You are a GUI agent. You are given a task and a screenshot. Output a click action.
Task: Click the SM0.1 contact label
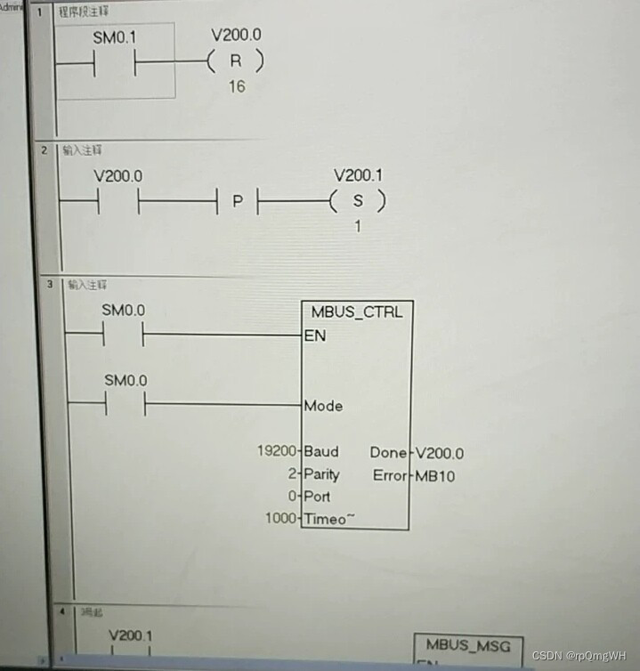115,39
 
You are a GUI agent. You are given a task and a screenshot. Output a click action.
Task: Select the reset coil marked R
234,62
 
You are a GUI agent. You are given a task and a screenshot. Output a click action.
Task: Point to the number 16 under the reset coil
236,86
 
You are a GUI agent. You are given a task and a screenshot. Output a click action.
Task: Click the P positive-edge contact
237,202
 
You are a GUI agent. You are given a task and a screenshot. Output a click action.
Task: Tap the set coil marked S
358,202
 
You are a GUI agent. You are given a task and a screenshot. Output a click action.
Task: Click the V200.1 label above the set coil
357,176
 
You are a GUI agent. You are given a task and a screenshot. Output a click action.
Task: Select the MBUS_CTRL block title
357,312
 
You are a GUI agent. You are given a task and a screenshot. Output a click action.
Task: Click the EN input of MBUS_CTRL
314,335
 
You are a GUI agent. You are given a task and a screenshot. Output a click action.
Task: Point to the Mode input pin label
323,406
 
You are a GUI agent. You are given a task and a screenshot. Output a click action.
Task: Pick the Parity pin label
321,474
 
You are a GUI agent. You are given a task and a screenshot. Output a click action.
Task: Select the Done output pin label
388,453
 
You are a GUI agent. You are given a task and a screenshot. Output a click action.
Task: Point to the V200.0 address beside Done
440,453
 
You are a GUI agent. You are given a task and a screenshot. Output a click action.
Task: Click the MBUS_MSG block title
468,645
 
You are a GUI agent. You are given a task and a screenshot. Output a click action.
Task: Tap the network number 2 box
44,150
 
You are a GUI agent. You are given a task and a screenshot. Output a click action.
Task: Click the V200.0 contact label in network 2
117,176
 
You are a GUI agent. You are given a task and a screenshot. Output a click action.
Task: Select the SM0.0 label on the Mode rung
126,380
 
